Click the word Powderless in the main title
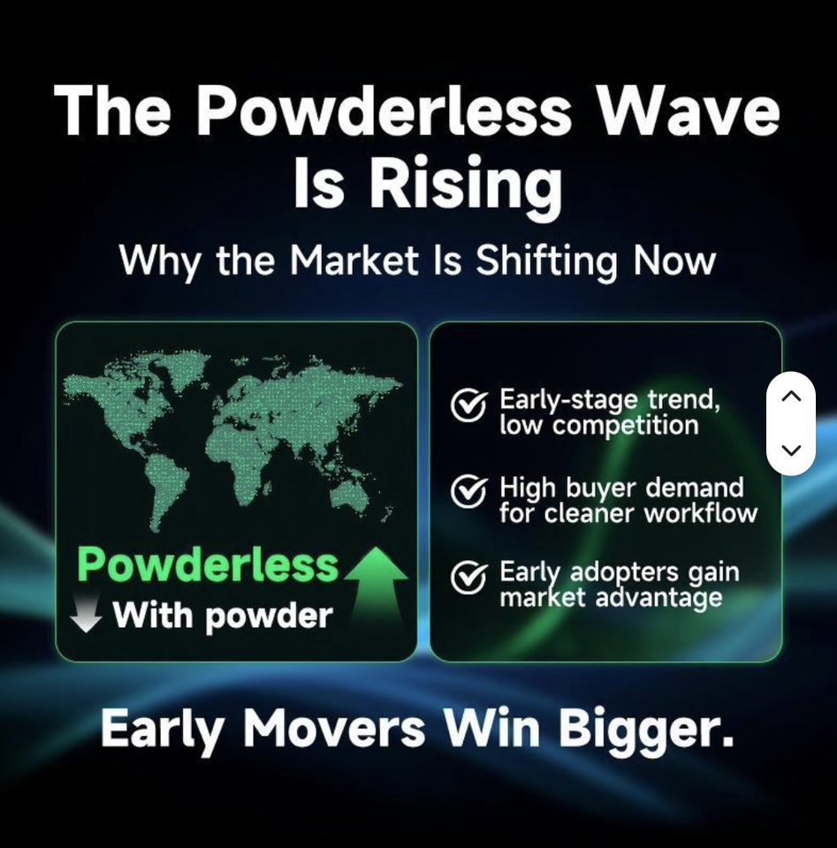click(x=383, y=111)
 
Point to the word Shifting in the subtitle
click(x=546, y=261)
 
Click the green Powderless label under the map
click(x=208, y=565)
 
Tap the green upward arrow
click(x=377, y=587)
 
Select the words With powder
click(x=223, y=616)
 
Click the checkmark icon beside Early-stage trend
click(x=468, y=405)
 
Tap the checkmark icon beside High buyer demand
click(x=468, y=491)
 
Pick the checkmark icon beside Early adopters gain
click(x=468, y=577)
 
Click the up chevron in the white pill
click(x=791, y=396)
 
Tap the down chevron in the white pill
click(x=791, y=450)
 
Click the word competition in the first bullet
click(x=626, y=426)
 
